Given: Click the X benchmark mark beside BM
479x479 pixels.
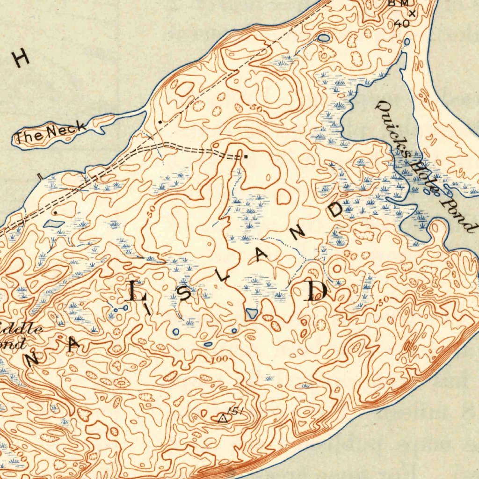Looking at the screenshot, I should (x=412, y=13).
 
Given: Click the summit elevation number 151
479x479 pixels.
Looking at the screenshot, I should (x=237, y=412).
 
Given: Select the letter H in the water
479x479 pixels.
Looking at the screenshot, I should (x=21, y=58).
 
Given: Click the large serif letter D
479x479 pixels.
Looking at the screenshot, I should (x=315, y=291).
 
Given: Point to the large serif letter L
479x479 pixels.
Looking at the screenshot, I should (x=137, y=291).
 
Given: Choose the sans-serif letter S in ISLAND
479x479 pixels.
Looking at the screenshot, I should (x=186, y=295).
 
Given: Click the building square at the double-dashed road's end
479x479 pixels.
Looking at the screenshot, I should (x=245, y=157).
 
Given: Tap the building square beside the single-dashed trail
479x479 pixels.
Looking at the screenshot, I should (x=160, y=122).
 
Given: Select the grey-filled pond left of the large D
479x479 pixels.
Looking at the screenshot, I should (x=251, y=314).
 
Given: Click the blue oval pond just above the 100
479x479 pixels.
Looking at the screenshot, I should (x=208, y=345).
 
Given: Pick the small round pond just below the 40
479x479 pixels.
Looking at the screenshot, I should (x=406, y=42).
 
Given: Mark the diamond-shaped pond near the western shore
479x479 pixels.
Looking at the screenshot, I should (x=53, y=224).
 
